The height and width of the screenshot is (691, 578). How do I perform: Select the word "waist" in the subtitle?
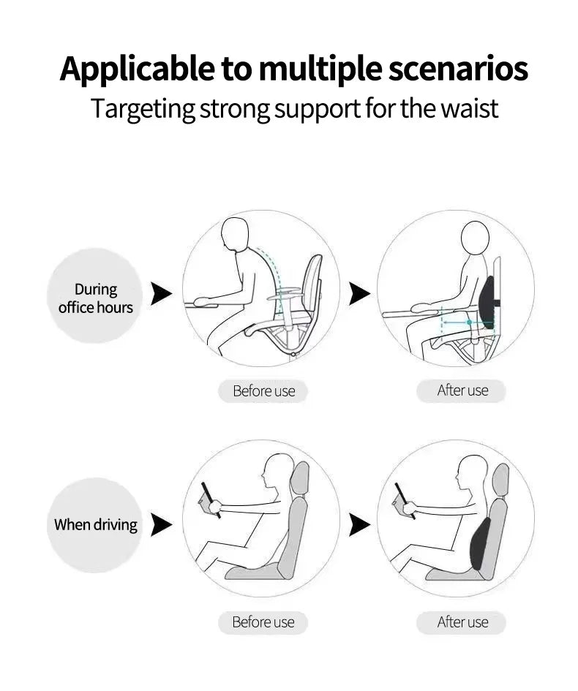[469, 108]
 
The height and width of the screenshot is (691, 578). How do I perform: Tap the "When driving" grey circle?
[95, 525]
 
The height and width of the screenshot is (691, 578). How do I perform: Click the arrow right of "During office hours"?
[161, 294]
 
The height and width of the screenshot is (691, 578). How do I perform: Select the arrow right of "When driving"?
[161, 524]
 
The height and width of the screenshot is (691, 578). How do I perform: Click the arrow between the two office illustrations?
[359, 294]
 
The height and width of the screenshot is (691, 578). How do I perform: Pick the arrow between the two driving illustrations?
[359, 524]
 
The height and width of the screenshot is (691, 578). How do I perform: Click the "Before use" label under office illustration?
[263, 391]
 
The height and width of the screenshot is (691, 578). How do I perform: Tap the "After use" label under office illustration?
[462, 390]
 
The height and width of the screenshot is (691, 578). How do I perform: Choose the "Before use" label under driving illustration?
[263, 622]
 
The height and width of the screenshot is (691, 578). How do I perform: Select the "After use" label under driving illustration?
[462, 622]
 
